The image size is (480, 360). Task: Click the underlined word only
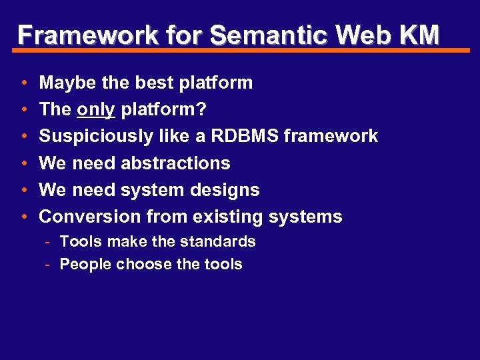coord(96,110)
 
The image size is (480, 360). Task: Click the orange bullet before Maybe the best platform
coord(23,84)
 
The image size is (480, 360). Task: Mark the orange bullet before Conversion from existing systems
coord(23,217)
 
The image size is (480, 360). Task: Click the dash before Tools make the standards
coord(49,242)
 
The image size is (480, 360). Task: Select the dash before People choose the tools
coord(49,265)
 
